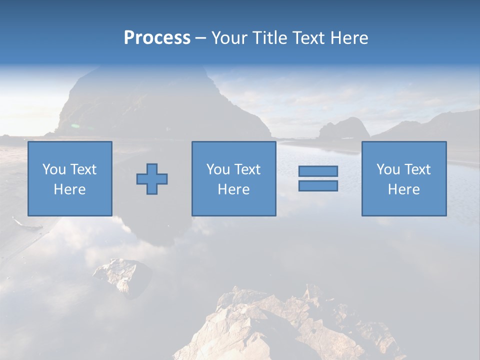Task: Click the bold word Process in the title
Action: [x=157, y=38]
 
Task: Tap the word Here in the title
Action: [x=349, y=38]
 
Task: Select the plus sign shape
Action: [x=152, y=179]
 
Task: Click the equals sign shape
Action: [x=318, y=178]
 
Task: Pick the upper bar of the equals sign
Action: [x=318, y=171]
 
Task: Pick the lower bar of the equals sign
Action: [x=318, y=185]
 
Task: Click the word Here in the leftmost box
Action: [x=69, y=189]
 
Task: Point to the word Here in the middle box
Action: [x=233, y=189]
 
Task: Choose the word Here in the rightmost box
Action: [x=404, y=189]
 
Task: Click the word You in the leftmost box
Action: [x=54, y=169]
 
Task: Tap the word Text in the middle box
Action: [x=247, y=169]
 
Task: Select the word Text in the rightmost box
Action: [x=417, y=169]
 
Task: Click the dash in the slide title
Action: [x=200, y=38]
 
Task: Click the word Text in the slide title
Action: [x=309, y=38]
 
